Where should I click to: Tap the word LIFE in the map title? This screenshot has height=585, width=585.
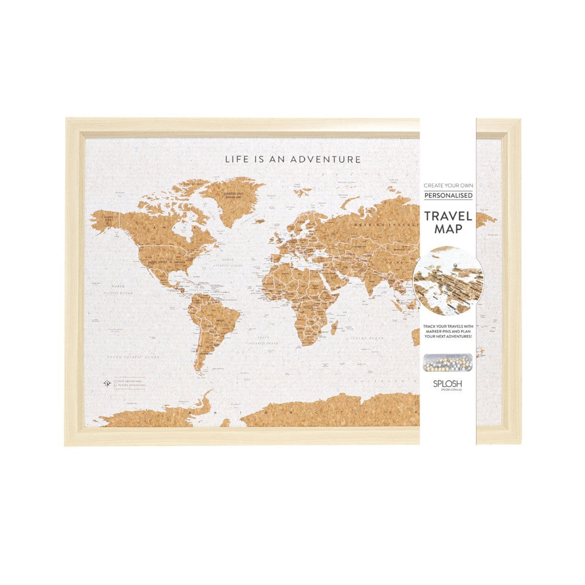pos(236,159)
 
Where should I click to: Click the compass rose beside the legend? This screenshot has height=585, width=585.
pos(107,383)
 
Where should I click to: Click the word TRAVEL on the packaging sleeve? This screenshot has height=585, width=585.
pos(448,216)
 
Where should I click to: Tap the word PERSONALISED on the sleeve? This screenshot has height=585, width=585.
pos(448,195)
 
